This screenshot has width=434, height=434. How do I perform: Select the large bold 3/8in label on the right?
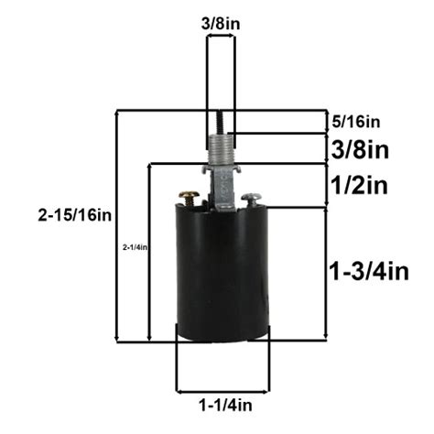pyautogui.click(x=358, y=148)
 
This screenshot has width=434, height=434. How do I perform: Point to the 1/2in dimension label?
pyautogui.click(x=358, y=186)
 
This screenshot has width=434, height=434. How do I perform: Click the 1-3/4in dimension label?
pyautogui.click(x=368, y=270)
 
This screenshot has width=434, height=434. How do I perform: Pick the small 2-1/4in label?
pyautogui.click(x=135, y=247)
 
